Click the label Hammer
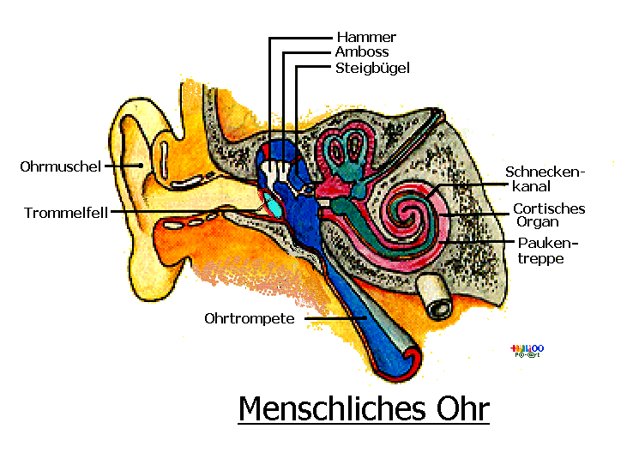coord(366,38)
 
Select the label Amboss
coord(363,52)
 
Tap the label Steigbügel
coord(373,68)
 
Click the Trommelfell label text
coord(66,213)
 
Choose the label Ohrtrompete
coord(250,318)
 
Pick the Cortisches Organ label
coord(549,216)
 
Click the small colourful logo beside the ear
coord(527,350)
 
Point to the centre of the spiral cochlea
coord(410,211)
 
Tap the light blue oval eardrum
coord(274,205)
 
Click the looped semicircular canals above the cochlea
coord(347,151)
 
